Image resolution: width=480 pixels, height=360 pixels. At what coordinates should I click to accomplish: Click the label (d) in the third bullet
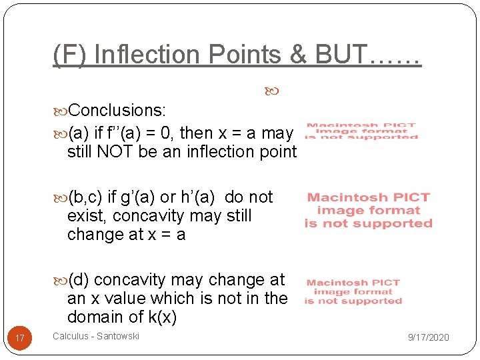pyautogui.click(x=81, y=280)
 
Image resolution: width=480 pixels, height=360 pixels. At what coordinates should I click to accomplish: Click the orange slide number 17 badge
pyautogui.click(x=20, y=339)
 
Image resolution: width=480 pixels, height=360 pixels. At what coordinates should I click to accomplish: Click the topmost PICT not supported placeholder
pyautogui.click(x=361, y=131)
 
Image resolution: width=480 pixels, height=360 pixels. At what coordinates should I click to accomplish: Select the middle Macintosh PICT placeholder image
pyautogui.click(x=368, y=210)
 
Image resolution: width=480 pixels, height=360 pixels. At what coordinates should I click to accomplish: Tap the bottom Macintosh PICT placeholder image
pyautogui.click(x=353, y=292)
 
